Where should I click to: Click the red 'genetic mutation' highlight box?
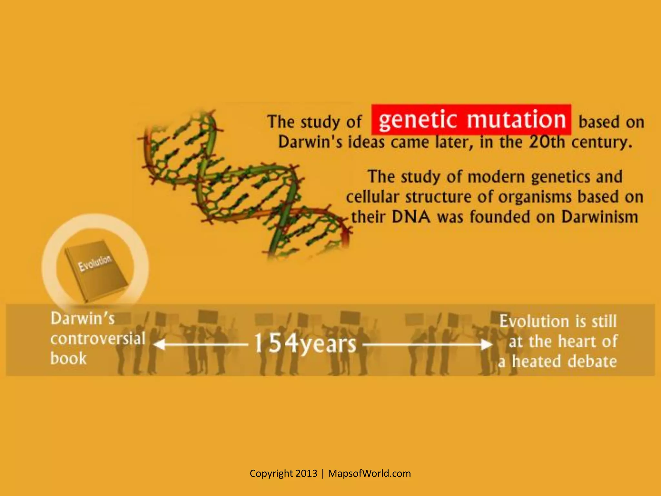click(x=471, y=119)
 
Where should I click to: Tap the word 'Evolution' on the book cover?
click(x=95, y=263)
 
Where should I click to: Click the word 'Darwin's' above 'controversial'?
click(x=83, y=319)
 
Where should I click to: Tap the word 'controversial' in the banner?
click(x=98, y=339)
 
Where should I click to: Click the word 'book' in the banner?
click(x=68, y=358)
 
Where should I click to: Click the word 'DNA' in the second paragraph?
click(x=411, y=217)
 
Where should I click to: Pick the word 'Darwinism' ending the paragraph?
click(x=599, y=217)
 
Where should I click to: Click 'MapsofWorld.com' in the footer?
click(x=369, y=473)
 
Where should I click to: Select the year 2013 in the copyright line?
click(x=306, y=473)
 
